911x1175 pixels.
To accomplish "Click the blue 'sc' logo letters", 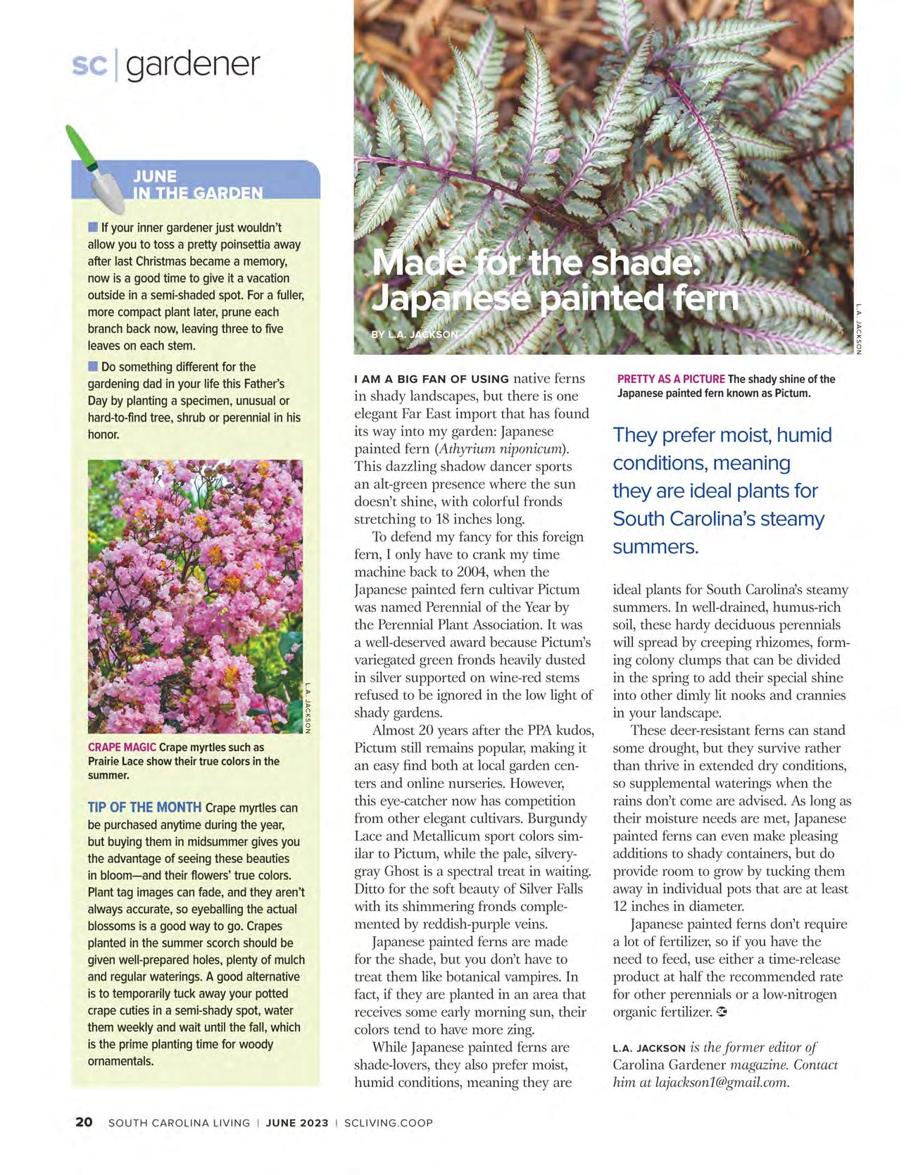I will pyautogui.click(x=89, y=65).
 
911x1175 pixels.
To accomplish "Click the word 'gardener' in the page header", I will pyautogui.click(x=193, y=65).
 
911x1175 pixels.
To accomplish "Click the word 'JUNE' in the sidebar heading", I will pyautogui.click(x=155, y=176).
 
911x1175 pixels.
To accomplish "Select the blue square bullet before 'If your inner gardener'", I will pyautogui.click(x=92, y=227).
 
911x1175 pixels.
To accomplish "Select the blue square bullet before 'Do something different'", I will pyautogui.click(x=92, y=366).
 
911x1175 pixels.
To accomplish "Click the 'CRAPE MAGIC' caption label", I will pyautogui.click(x=122, y=747).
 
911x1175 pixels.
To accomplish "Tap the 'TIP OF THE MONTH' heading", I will pyautogui.click(x=144, y=808).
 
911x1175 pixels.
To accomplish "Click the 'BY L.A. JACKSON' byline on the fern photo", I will pyautogui.click(x=415, y=334).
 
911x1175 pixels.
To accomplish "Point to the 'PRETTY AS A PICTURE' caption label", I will pyautogui.click(x=671, y=379).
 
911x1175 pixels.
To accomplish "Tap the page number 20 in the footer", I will pyautogui.click(x=84, y=1123).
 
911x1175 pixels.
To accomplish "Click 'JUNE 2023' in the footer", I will pyautogui.click(x=297, y=1123).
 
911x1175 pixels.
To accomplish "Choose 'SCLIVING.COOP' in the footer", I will pyautogui.click(x=389, y=1123).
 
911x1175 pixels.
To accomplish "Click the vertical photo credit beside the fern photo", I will pyautogui.click(x=860, y=328).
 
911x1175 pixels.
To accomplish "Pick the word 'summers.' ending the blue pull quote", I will pyautogui.click(x=655, y=547).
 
